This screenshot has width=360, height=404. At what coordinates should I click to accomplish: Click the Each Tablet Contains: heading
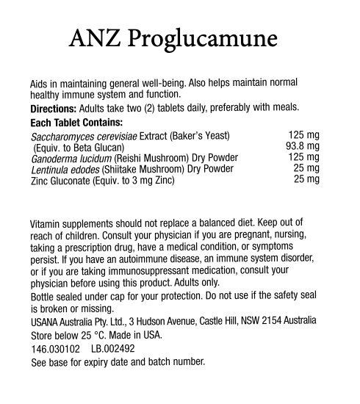[76, 123]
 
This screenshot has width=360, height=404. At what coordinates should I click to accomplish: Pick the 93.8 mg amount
[302, 146]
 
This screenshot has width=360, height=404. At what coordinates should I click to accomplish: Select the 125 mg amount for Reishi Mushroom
[303, 157]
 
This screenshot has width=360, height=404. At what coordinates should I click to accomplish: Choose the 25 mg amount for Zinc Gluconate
[306, 178]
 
